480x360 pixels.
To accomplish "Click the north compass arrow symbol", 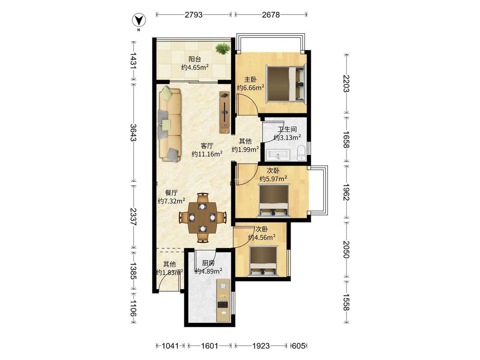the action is tap(139, 20).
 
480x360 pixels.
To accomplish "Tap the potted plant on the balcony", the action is tap(223, 48).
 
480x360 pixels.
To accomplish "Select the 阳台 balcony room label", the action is tap(195, 59).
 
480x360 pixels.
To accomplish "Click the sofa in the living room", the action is tap(169, 124).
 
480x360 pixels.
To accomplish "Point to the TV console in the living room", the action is tap(225, 112).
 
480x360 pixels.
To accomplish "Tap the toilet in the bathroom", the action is tap(302, 153).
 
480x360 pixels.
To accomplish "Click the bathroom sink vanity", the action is tap(278, 154).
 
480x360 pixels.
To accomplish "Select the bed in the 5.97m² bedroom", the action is tap(273, 200).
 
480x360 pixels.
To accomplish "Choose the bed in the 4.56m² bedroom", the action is tap(264, 261).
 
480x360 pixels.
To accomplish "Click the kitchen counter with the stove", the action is tap(224, 300).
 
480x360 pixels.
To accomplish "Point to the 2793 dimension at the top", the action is tap(193, 15).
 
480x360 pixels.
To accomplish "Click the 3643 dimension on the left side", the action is tap(133, 133).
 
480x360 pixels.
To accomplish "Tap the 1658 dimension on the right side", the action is tap(346, 139).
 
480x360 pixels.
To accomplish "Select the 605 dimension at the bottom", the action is tap(299, 346).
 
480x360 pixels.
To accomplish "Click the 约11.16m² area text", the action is tap(207, 154).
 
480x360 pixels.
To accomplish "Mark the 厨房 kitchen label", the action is tap(208, 263).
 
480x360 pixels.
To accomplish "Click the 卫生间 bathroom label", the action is tap(287, 129).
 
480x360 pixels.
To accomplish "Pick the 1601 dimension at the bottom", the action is tap(209, 346).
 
